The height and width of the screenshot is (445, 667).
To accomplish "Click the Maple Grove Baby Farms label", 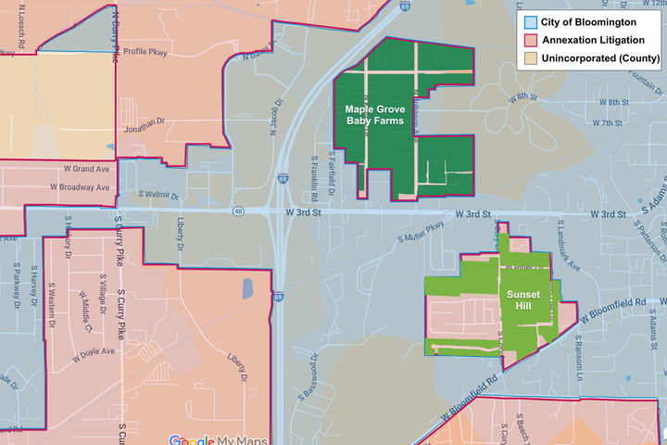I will (x=375, y=115).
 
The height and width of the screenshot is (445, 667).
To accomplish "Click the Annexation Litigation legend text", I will (x=593, y=39).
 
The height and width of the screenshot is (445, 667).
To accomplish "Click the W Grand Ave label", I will (x=87, y=170).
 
